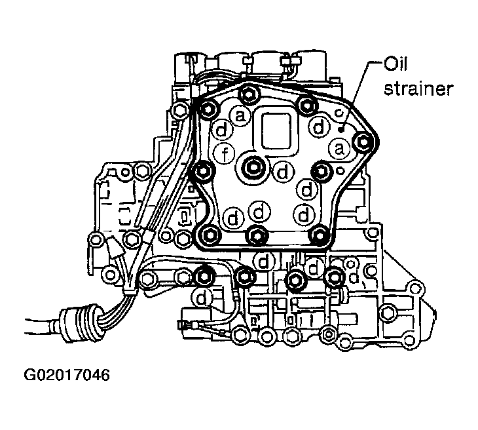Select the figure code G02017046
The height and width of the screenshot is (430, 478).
[x=66, y=376]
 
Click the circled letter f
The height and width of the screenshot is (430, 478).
[x=225, y=155]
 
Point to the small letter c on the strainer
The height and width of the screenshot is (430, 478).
[x=338, y=113]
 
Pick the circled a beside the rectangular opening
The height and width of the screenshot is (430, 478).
[x=240, y=117]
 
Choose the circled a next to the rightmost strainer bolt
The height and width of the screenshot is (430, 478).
[x=339, y=149]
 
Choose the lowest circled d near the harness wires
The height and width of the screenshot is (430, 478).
[x=202, y=298]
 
